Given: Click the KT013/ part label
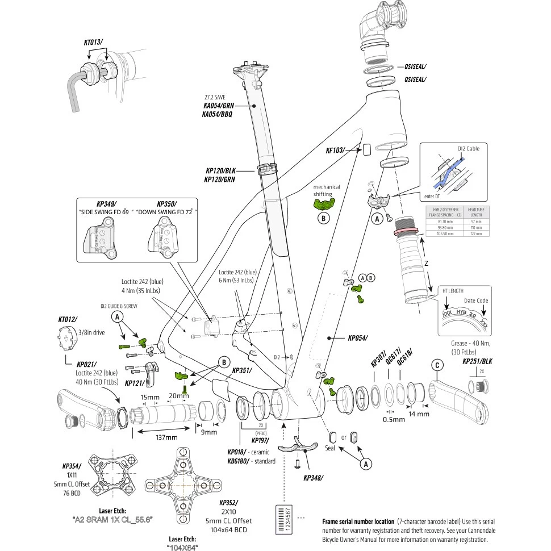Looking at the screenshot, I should pyautogui.click(x=94, y=42).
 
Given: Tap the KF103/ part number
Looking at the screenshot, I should pyautogui.click(x=336, y=151).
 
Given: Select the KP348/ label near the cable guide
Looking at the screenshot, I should pyautogui.click(x=313, y=478).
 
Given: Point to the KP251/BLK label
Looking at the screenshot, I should pyautogui.click(x=477, y=361).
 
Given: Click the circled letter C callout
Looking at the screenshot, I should pyautogui.click(x=436, y=366).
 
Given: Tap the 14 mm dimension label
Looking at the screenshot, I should pyautogui.click(x=419, y=414).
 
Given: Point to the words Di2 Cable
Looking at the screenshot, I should pyautogui.click(x=468, y=149).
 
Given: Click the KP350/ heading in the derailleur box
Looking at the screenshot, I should pyautogui.click(x=167, y=203).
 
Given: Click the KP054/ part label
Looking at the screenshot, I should pyautogui.click(x=358, y=337).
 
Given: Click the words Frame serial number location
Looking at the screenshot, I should pyautogui.click(x=358, y=521).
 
